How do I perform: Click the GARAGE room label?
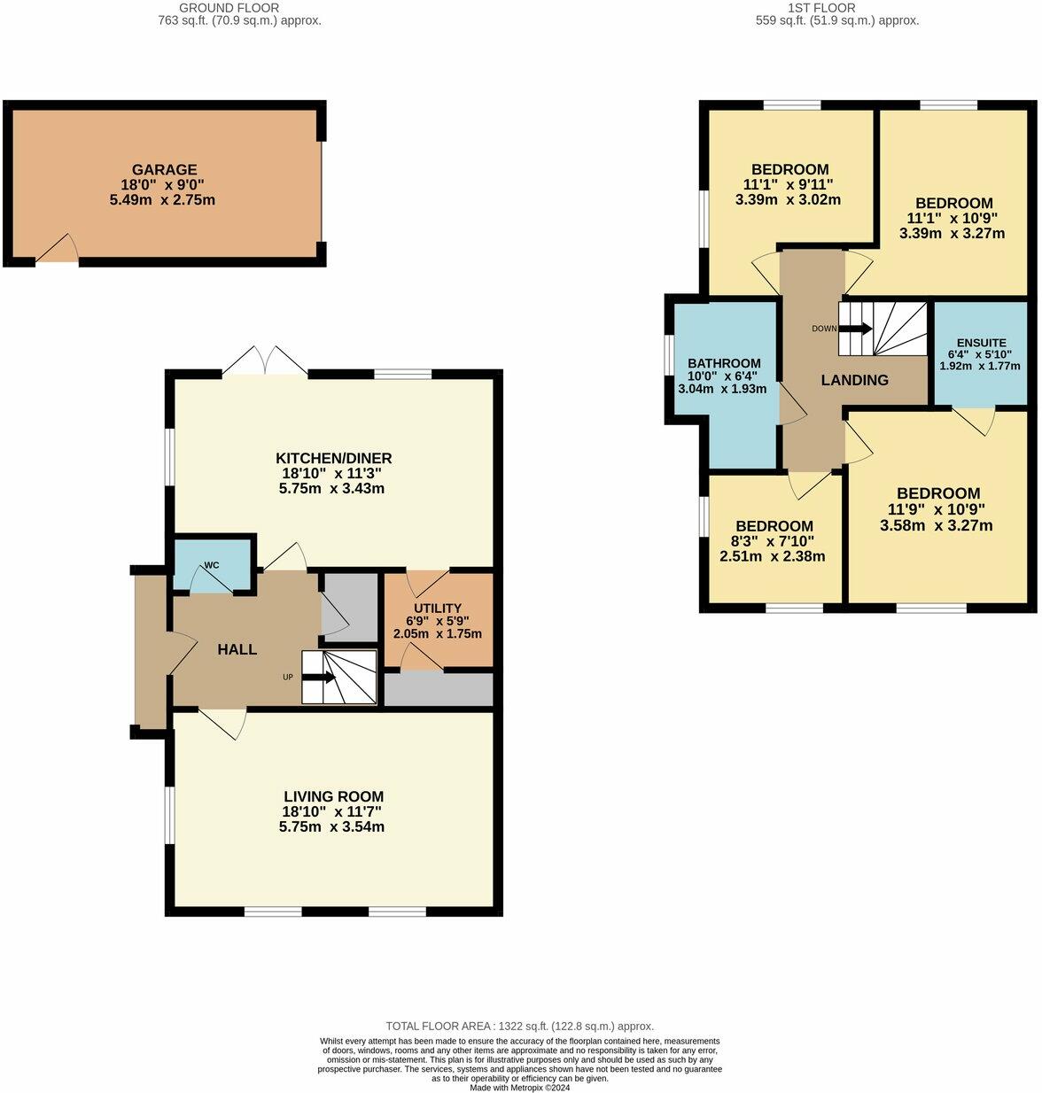pyautogui.click(x=164, y=170)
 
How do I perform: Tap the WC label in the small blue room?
pyautogui.click(x=212, y=564)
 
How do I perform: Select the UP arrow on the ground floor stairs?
pyautogui.click(x=318, y=678)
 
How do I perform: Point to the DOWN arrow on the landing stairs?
pyautogui.click(x=854, y=329)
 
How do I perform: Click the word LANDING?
pyautogui.click(x=854, y=380)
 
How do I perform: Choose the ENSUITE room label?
pyautogui.click(x=981, y=343)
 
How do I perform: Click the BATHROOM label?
pyautogui.click(x=724, y=363)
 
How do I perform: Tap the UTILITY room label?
pyautogui.click(x=438, y=609)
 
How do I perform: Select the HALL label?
pyautogui.click(x=237, y=649)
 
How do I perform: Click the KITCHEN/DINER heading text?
pyautogui.click(x=333, y=459)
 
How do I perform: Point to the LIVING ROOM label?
pyautogui.click(x=333, y=796)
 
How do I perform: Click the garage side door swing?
pyautogui.click(x=58, y=250)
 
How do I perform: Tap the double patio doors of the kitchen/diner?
pyautogui.click(x=265, y=361)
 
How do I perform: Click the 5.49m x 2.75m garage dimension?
pyautogui.click(x=164, y=200)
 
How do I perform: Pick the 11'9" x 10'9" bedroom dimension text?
pyautogui.click(x=937, y=509)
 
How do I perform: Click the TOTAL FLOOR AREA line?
pyautogui.click(x=519, y=1026)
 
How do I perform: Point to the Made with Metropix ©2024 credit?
pyautogui.click(x=519, y=1088)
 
